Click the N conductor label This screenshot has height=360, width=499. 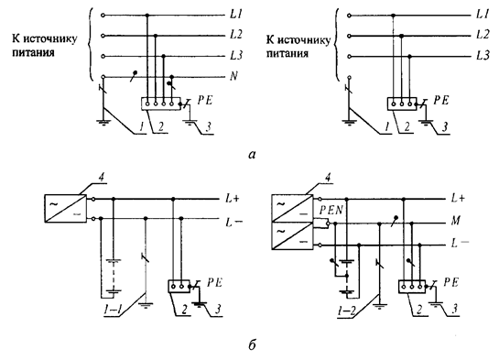click(233, 76)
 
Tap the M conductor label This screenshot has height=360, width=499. click(456, 220)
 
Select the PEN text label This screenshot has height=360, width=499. click(331, 210)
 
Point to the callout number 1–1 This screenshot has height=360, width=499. click(112, 310)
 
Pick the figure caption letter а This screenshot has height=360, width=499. click(252, 155)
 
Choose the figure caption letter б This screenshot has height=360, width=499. click(252, 344)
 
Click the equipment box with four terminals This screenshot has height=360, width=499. click(161, 104)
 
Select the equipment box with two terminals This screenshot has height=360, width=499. click(179, 286)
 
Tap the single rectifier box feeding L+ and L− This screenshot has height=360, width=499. click(65, 208)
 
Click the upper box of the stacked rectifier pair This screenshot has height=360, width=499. click(292, 209)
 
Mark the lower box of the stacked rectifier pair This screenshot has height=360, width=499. click(292, 235)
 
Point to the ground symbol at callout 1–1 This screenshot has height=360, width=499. click(146, 306)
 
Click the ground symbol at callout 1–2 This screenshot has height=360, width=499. click(380, 306)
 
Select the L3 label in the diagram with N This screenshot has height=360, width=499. click(236, 56)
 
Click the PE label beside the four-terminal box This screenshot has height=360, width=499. click(204, 100)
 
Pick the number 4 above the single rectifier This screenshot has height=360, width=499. click(102, 178)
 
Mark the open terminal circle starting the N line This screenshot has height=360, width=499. click(103, 77)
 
